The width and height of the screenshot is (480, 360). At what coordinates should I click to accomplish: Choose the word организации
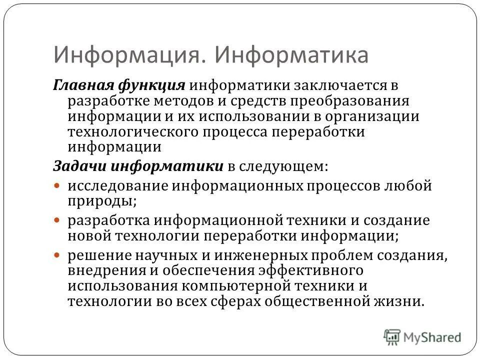click(x=378, y=116)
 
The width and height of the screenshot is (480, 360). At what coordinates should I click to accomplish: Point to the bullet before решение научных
click(x=57, y=254)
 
